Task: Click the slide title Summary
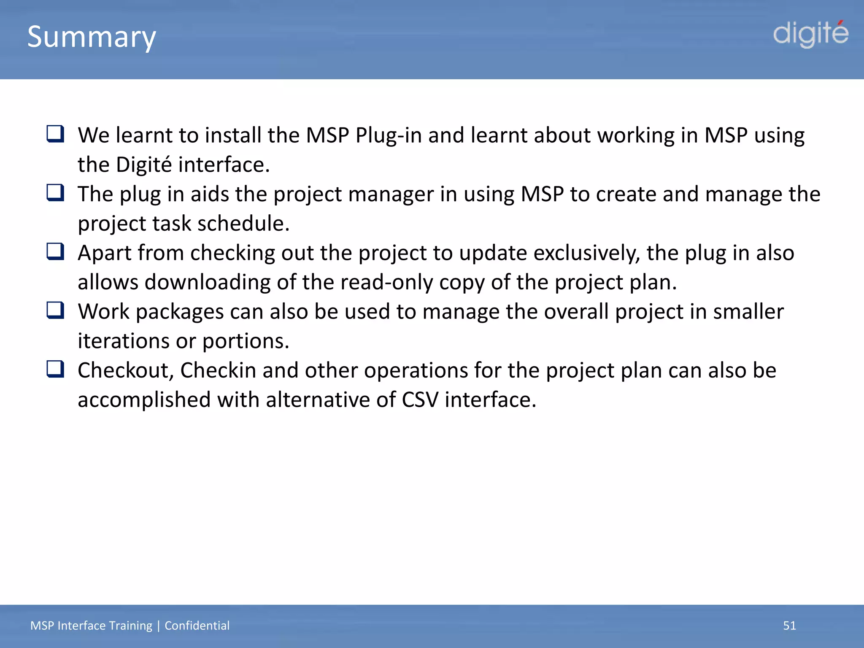click(x=92, y=37)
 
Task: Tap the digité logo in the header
click(x=810, y=34)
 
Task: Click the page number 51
click(x=789, y=625)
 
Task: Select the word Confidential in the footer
click(x=197, y=625)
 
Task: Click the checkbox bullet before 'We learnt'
click(x=55, y=134)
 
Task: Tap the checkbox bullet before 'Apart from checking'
click(x=55, y=252)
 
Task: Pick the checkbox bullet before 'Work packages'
click(x=55, y=310)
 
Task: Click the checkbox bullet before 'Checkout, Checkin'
click(x=55, y=369)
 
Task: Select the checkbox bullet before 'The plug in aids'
click(x=55, y=193)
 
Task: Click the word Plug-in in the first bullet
click(x=388, y=136)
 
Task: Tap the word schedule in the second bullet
click(x=243, y=223)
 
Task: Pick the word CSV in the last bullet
click(x=420, y=400)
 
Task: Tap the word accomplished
click(x=144, y=400)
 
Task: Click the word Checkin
click(x=218, y=370)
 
